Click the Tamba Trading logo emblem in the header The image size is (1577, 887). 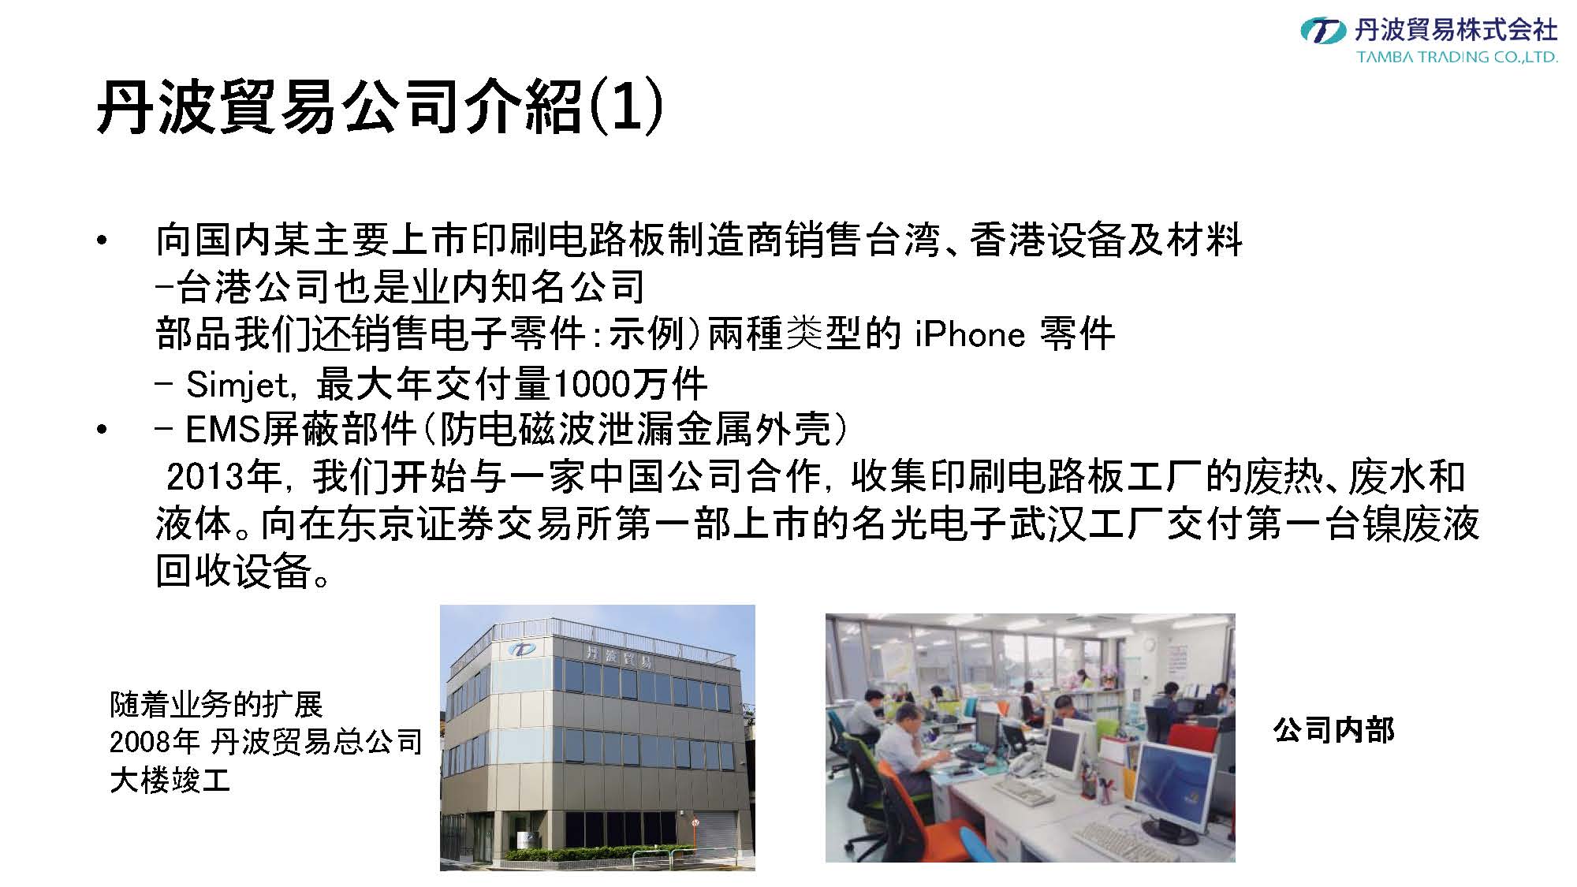1323,31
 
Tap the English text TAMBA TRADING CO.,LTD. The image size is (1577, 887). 1457,57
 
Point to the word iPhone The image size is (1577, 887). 970,334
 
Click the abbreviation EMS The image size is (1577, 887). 222,430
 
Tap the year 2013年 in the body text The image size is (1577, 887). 224,476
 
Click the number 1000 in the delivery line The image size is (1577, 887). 591,384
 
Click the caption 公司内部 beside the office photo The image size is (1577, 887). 1333,730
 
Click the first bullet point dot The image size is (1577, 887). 100,241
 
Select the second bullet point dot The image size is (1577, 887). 100,430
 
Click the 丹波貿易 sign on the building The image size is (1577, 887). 618,657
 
